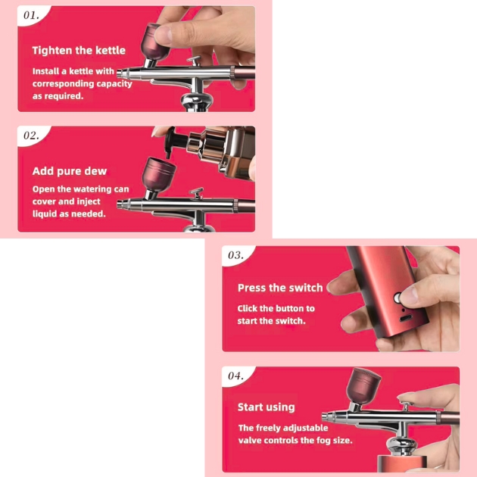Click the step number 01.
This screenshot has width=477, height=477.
point(31,15)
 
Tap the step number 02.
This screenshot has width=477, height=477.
point(31,136)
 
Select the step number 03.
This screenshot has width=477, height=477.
point(235,255)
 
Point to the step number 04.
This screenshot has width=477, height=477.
point(235,376)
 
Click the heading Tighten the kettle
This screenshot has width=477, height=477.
point(79,50)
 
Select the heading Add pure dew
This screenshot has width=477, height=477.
point(70,171)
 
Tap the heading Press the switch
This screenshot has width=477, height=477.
point(280,288)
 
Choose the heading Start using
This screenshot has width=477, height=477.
point(267,407)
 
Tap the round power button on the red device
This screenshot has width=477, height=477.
point(397,298)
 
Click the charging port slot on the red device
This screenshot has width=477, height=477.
point(406,318)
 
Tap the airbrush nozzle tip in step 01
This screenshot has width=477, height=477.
point(120,73)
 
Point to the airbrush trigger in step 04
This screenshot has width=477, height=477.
point(406,406)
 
